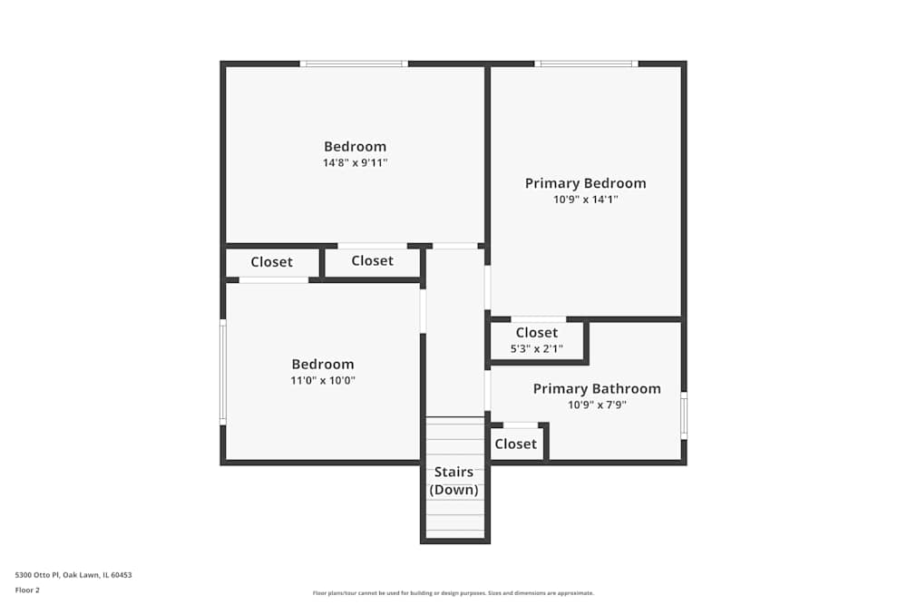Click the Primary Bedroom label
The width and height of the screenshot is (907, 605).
pos(585,183)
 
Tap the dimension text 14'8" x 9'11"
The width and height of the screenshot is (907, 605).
pos(355,163)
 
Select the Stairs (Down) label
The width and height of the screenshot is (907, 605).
pos(453,481)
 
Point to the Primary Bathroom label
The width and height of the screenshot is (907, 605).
pos(596,389)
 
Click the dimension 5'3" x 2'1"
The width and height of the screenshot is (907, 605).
pos(536,348)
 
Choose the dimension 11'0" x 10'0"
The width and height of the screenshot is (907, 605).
pos(322,381)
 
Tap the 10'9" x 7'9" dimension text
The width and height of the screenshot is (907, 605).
pos(596,405)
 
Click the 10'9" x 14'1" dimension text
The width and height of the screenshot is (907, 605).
pos(585,200)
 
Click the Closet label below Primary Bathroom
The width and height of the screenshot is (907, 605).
pos(515,444)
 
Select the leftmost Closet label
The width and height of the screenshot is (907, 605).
pos(271,262)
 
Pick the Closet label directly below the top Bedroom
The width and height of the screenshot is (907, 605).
pos(372,261)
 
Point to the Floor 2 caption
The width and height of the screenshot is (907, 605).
pos(27,590)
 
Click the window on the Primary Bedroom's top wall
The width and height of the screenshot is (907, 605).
pos(586,63)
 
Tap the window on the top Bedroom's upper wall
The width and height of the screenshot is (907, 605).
pos(354,63)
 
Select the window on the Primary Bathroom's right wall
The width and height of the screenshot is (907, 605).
pos(684,415)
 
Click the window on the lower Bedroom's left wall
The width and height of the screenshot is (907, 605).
pos(223,372)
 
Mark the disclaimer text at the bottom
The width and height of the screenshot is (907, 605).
pos(453,593)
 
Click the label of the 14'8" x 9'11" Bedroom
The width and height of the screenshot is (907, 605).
pos(355,147)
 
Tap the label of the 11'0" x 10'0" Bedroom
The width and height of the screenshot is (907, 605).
pos(322,365)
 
